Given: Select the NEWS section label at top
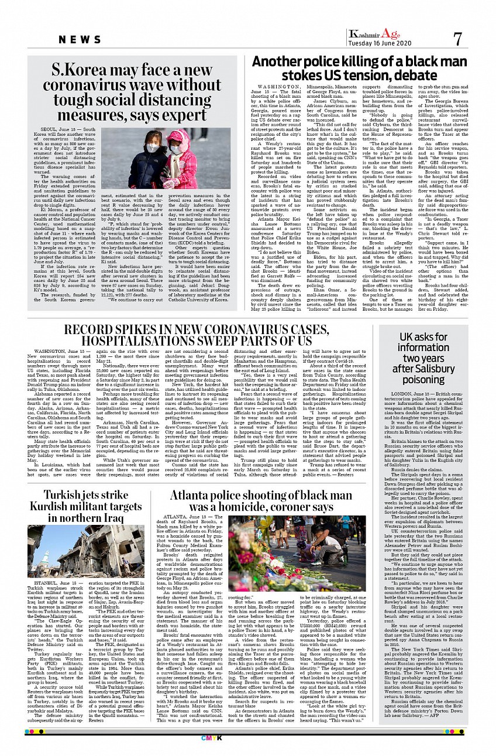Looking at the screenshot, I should pos(80,39).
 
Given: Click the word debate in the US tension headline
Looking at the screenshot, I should pos(400,76).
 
